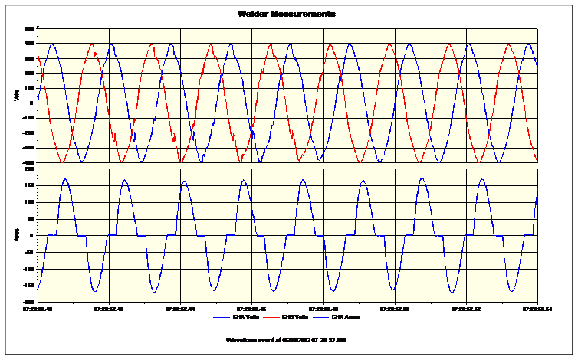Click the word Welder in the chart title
[252, 14]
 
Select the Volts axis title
[16, 96]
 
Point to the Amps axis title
[16, 235]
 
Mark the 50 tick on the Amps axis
[31, 218]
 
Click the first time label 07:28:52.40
[38, 309]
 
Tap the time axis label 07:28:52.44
[180, 309]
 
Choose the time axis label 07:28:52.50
[394, 309]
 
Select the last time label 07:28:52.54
[537, 309]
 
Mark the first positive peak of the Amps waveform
[65, 179]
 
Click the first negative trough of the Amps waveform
[95, 291]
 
